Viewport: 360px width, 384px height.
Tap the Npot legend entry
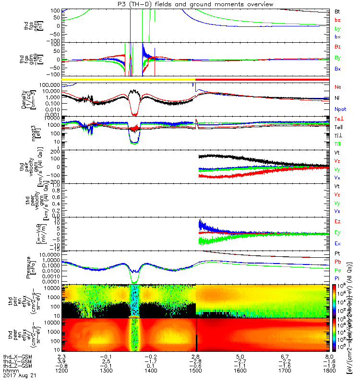pyautogui.click(x=339, y=108)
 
